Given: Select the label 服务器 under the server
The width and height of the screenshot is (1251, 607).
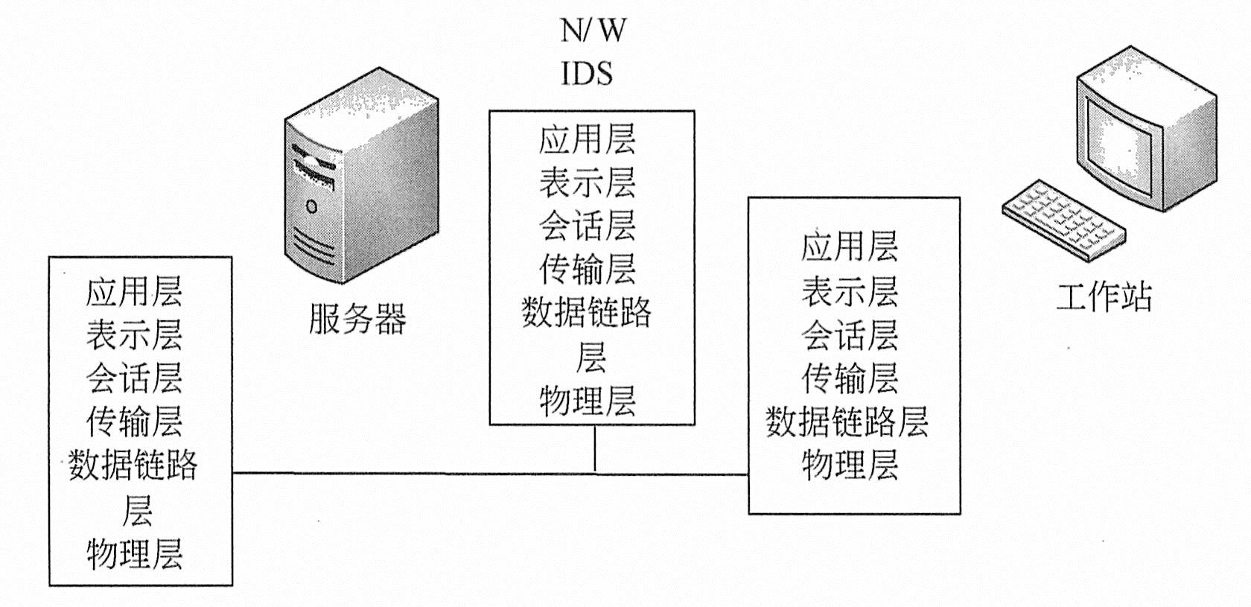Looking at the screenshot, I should coord(357,319).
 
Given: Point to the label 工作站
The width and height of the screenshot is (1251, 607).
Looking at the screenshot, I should coord(1104,296).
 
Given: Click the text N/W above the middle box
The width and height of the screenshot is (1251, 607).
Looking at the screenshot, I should coord(593,31).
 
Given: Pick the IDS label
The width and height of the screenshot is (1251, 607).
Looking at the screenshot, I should coord(587,73).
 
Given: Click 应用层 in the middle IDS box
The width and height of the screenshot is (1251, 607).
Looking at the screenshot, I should coord(588,139).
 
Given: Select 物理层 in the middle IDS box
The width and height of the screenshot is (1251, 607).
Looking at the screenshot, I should coord(588,401).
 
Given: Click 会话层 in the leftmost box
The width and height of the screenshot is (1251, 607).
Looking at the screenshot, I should coord(135,378).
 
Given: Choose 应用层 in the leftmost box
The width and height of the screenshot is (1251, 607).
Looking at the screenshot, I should coord(135,290).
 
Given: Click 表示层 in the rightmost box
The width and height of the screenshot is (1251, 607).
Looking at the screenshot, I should coord(850,291).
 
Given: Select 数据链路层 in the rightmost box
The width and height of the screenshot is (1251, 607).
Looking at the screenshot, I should coord(847,422).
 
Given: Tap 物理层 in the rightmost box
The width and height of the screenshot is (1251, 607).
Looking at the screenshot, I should coord(850,465).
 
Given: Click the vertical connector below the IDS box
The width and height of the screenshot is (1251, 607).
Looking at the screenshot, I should coord(595,448).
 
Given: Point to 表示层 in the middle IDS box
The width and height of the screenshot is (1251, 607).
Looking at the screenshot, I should coord(588,183).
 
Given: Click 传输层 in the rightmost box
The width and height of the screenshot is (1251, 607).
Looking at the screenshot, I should coord(850,378).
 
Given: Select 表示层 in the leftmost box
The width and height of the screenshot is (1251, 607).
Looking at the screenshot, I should coord(135,334).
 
